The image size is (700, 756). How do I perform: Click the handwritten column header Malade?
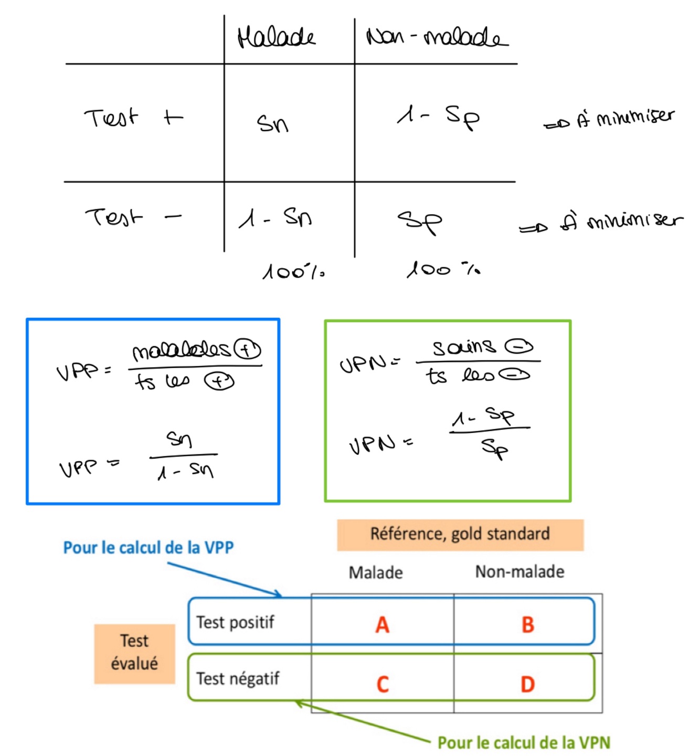tap(276, 37)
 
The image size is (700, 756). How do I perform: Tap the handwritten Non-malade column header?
tap(437, 37)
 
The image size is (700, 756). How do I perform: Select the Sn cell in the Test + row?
tap(272, 123)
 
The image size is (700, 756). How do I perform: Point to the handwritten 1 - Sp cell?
tap(438, 116)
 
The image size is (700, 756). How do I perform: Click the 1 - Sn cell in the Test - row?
tap(275, 217)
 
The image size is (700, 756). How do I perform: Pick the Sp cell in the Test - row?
tap(420, 221)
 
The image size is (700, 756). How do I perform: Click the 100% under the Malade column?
tap(293, 272)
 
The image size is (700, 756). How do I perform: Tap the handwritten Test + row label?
tap(133, 118)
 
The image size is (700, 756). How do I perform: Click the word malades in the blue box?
tap(181, 350)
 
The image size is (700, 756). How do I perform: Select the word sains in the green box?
tap(463, 347)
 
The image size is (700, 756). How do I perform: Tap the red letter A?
tap(383, 624)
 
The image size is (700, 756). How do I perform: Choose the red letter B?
tap(527, 624)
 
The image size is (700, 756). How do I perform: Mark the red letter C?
tap(383, 684)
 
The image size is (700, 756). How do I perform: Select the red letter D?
tap(527, 684)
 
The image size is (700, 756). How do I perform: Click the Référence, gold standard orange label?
tap(460, 534)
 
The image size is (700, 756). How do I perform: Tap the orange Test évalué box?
tap(134, 653)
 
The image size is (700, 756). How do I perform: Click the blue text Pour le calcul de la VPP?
tap(149, 547)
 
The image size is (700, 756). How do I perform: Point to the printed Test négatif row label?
tap(238, 678)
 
